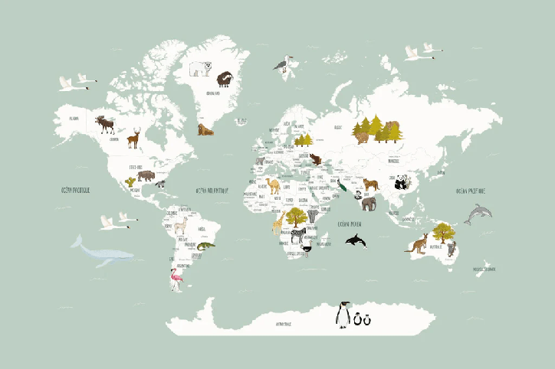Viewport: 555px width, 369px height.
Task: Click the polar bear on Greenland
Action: (202, 69)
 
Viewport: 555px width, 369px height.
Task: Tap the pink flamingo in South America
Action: (178, 280)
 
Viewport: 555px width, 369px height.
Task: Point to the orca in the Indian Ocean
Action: (356, 241)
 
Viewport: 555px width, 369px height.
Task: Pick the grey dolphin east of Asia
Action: (478, 214)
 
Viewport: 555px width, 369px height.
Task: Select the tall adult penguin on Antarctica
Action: (343, 315)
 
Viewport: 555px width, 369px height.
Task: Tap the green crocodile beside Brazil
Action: (205, 246)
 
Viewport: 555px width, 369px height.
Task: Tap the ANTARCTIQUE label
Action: (289, 324)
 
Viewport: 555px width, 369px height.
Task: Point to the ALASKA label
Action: (74, 119)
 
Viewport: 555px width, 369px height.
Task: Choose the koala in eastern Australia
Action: (452, 247)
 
